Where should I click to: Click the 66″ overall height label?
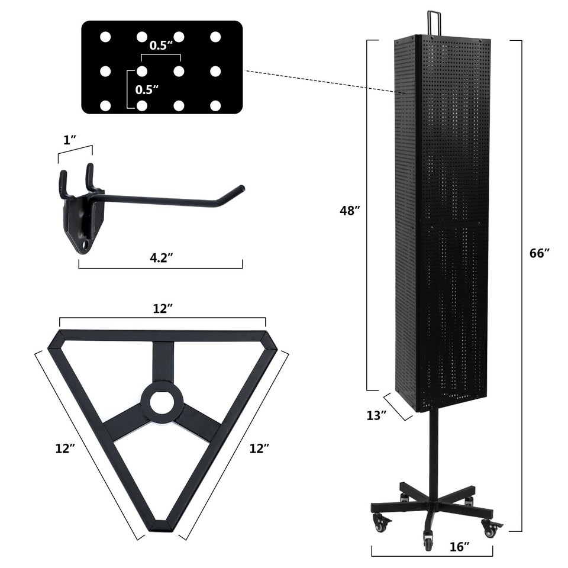point(540,253)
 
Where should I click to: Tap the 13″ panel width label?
point(376,415)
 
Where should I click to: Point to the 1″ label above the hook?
point(70,140)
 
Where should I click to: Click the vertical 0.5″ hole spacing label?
point(147,90)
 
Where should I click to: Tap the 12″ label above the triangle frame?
point(162,308)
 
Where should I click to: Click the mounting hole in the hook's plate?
point(88,243)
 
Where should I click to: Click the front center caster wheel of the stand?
point(428,540)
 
